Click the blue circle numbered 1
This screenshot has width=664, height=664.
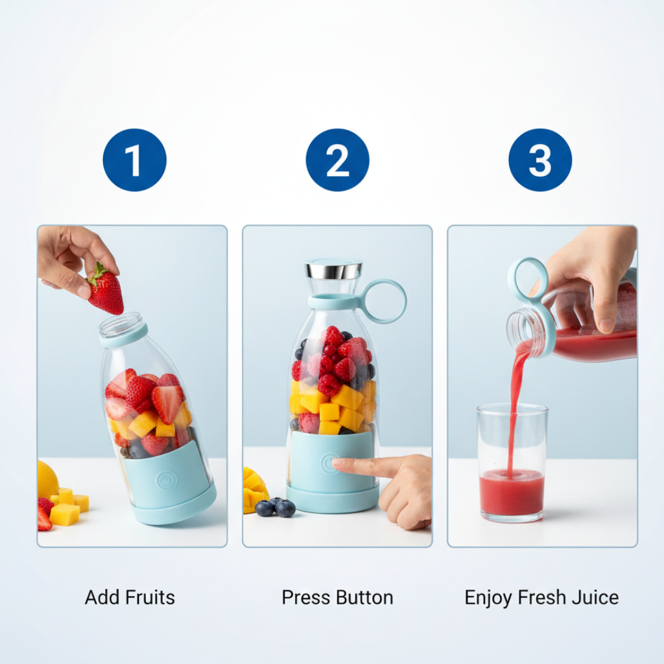(134, 160)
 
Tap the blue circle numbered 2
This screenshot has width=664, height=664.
(337, 160)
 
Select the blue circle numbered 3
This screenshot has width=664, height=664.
(540, 160)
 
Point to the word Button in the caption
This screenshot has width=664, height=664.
(366, 597)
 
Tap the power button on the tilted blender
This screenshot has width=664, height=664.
(166, 480)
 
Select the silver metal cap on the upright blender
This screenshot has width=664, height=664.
(333, 269)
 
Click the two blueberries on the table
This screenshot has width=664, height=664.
(275, 508)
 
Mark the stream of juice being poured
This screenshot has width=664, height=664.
(516, 402)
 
